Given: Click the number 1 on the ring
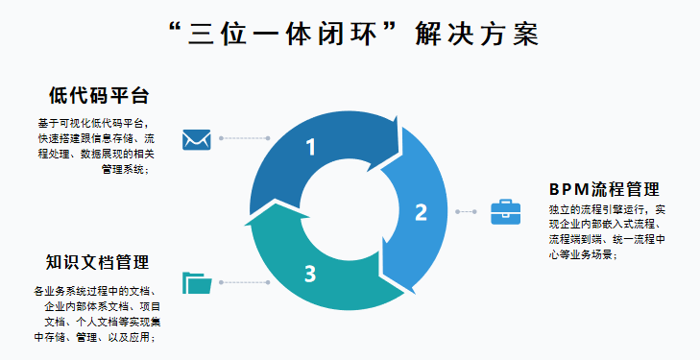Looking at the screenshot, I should click(310, 147).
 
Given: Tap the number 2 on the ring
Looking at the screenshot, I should click(421, 212).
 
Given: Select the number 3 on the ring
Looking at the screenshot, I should click(310, 274).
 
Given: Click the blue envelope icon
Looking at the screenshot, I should click(197, 139).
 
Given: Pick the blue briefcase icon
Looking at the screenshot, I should click(505, 211).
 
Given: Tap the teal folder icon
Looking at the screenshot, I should click(197, 282).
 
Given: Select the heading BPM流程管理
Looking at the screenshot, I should click(604, 188).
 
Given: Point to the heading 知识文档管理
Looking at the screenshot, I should click(97, 262).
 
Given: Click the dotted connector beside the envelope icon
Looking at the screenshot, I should click(244, 139).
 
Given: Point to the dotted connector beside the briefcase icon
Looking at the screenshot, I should click(466, 211).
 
